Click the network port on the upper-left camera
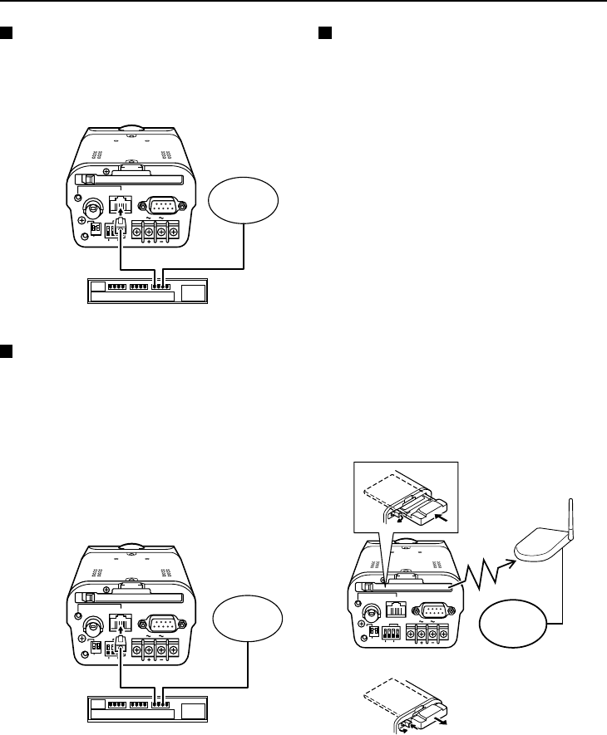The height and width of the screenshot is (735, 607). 121,205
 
